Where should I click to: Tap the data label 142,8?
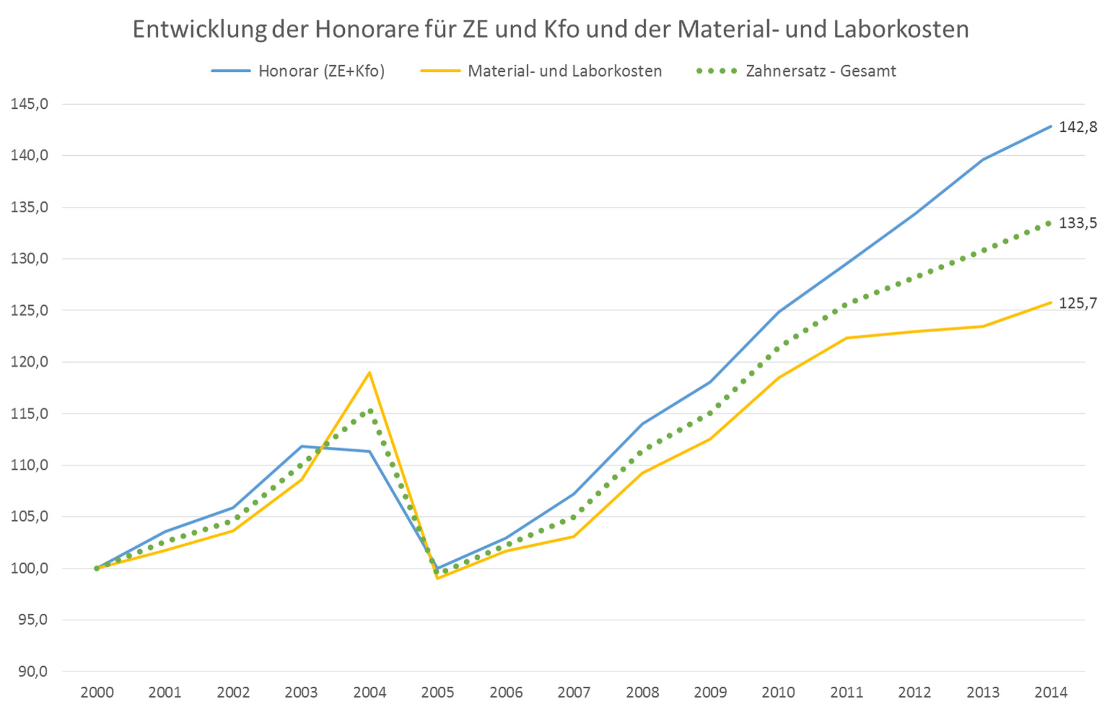pos(1078,127)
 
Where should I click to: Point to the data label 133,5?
pos(1078,223)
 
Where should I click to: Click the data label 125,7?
pos(1078,303)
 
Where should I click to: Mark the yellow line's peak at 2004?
pos(369,372)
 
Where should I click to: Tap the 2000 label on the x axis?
pos(97,693)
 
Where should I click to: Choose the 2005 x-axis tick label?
pos(438,693)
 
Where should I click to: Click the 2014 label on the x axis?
pos(1051,693)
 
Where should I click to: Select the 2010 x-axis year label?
pos(778,693)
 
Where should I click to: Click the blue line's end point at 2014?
pos(1051,126)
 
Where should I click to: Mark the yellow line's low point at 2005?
pos(438,579)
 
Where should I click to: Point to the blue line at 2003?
pos(301,446)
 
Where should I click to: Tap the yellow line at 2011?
pos(847,338)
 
